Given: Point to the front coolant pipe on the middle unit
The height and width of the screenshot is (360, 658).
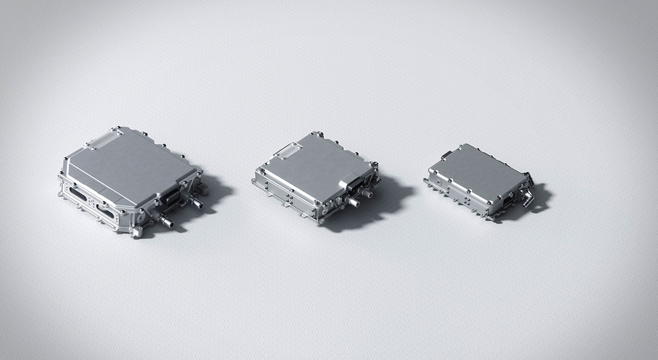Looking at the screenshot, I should [x=353, y=201].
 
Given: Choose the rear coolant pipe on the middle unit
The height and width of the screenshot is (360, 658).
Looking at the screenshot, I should [x=367, y=193].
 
